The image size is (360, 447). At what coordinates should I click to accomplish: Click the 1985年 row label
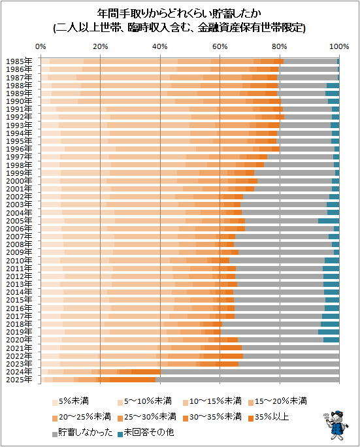pos(19,61)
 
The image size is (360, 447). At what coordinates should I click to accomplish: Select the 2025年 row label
pos(19,380)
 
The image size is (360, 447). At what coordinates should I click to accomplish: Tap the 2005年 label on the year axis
pos(19,221)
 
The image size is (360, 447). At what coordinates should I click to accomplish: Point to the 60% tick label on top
pos(220,46)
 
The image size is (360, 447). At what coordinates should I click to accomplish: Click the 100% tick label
pos(339,46)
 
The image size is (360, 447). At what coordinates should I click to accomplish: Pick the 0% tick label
pos(41,46)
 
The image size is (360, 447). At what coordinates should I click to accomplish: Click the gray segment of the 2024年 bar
pos(250,372)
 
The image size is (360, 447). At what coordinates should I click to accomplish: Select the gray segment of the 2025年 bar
pos(248,380)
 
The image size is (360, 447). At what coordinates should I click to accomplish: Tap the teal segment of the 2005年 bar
pos(329,221)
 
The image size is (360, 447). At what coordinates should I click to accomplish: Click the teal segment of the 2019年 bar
pos(329,332)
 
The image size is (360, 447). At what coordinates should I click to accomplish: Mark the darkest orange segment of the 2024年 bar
pos(146,372)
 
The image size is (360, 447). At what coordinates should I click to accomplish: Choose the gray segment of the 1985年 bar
pos(310,61)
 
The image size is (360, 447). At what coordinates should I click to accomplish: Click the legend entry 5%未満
pos(71,401)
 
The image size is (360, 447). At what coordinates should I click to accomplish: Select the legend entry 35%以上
pos(269,417)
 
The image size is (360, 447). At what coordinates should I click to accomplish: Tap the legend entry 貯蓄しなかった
pos(82,433)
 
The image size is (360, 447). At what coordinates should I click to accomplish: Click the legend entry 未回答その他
pos(146,433)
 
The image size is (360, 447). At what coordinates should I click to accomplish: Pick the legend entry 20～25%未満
pos(81,417)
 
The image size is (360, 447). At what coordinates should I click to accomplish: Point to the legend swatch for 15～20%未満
pos(251,403)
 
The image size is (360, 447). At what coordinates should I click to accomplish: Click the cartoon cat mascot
pos(336,425)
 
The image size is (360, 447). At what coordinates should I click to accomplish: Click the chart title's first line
pos(179,14)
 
